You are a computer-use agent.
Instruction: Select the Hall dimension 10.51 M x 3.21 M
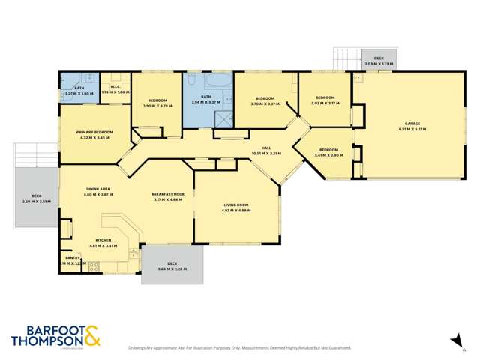[265, 154]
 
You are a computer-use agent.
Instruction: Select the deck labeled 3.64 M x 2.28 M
[172, 265]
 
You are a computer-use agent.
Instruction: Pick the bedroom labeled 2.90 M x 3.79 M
[157, 102]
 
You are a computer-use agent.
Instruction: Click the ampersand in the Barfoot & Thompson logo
[91, 335]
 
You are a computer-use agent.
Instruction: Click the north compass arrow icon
[455, 340]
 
